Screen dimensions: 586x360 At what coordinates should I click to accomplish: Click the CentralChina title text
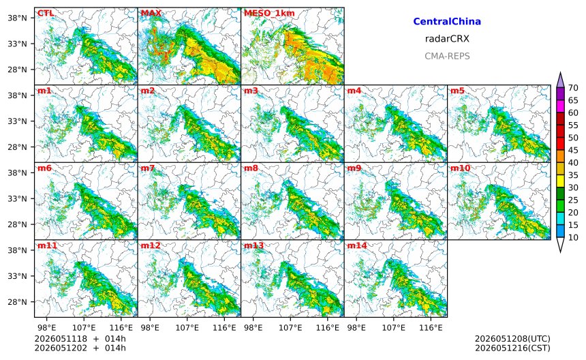click(447, 21)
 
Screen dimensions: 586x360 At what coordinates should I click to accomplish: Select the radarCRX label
click(447, 38)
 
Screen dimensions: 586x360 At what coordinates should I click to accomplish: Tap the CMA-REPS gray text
click(447, 56)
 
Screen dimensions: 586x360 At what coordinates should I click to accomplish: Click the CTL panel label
click(45, 13)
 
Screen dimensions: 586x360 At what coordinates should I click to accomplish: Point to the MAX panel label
click(151, 13)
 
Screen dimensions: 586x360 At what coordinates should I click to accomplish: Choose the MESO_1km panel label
click(269, 13)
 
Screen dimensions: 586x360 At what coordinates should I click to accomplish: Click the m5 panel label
click(457, 91)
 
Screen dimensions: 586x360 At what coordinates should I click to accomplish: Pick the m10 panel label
click(460, 168)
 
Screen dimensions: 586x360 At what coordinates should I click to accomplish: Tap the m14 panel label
click(357, 245)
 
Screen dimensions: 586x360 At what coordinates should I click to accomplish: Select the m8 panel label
click(251, 168)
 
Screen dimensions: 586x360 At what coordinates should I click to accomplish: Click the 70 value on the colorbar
click(573, 88)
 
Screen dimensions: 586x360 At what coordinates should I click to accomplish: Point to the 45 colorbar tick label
click(573, 150)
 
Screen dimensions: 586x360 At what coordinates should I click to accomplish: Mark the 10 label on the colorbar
click(573, 237)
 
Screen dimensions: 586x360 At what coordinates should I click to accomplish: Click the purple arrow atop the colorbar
click(560, 80)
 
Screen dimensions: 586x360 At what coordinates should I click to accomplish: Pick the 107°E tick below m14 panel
click(394, 328)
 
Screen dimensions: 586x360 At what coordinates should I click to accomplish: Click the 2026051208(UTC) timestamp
click(512, 339)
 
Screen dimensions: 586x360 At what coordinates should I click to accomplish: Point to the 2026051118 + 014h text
click(80, 339)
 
